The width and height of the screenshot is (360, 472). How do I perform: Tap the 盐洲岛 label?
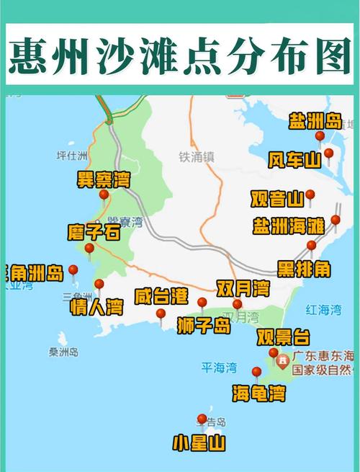tap(314, 120)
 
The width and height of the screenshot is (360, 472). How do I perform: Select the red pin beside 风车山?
tap(329, 153)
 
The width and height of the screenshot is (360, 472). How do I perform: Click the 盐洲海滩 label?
tap(288, 226)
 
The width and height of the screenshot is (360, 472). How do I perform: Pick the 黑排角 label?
tap(305, 269)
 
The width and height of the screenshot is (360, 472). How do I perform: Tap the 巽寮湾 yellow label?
tap(104, 179)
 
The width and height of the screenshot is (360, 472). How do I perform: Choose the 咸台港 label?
tap(161, 295)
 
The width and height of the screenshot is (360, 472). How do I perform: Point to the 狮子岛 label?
tap(204, 326)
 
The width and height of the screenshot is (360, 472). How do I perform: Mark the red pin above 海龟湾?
tap(256, 373)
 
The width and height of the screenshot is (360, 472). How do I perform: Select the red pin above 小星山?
tap(202, 419)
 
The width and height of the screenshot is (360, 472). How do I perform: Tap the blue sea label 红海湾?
tap(323, 310)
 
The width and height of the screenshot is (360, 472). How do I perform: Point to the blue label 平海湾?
tap(219, 368)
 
